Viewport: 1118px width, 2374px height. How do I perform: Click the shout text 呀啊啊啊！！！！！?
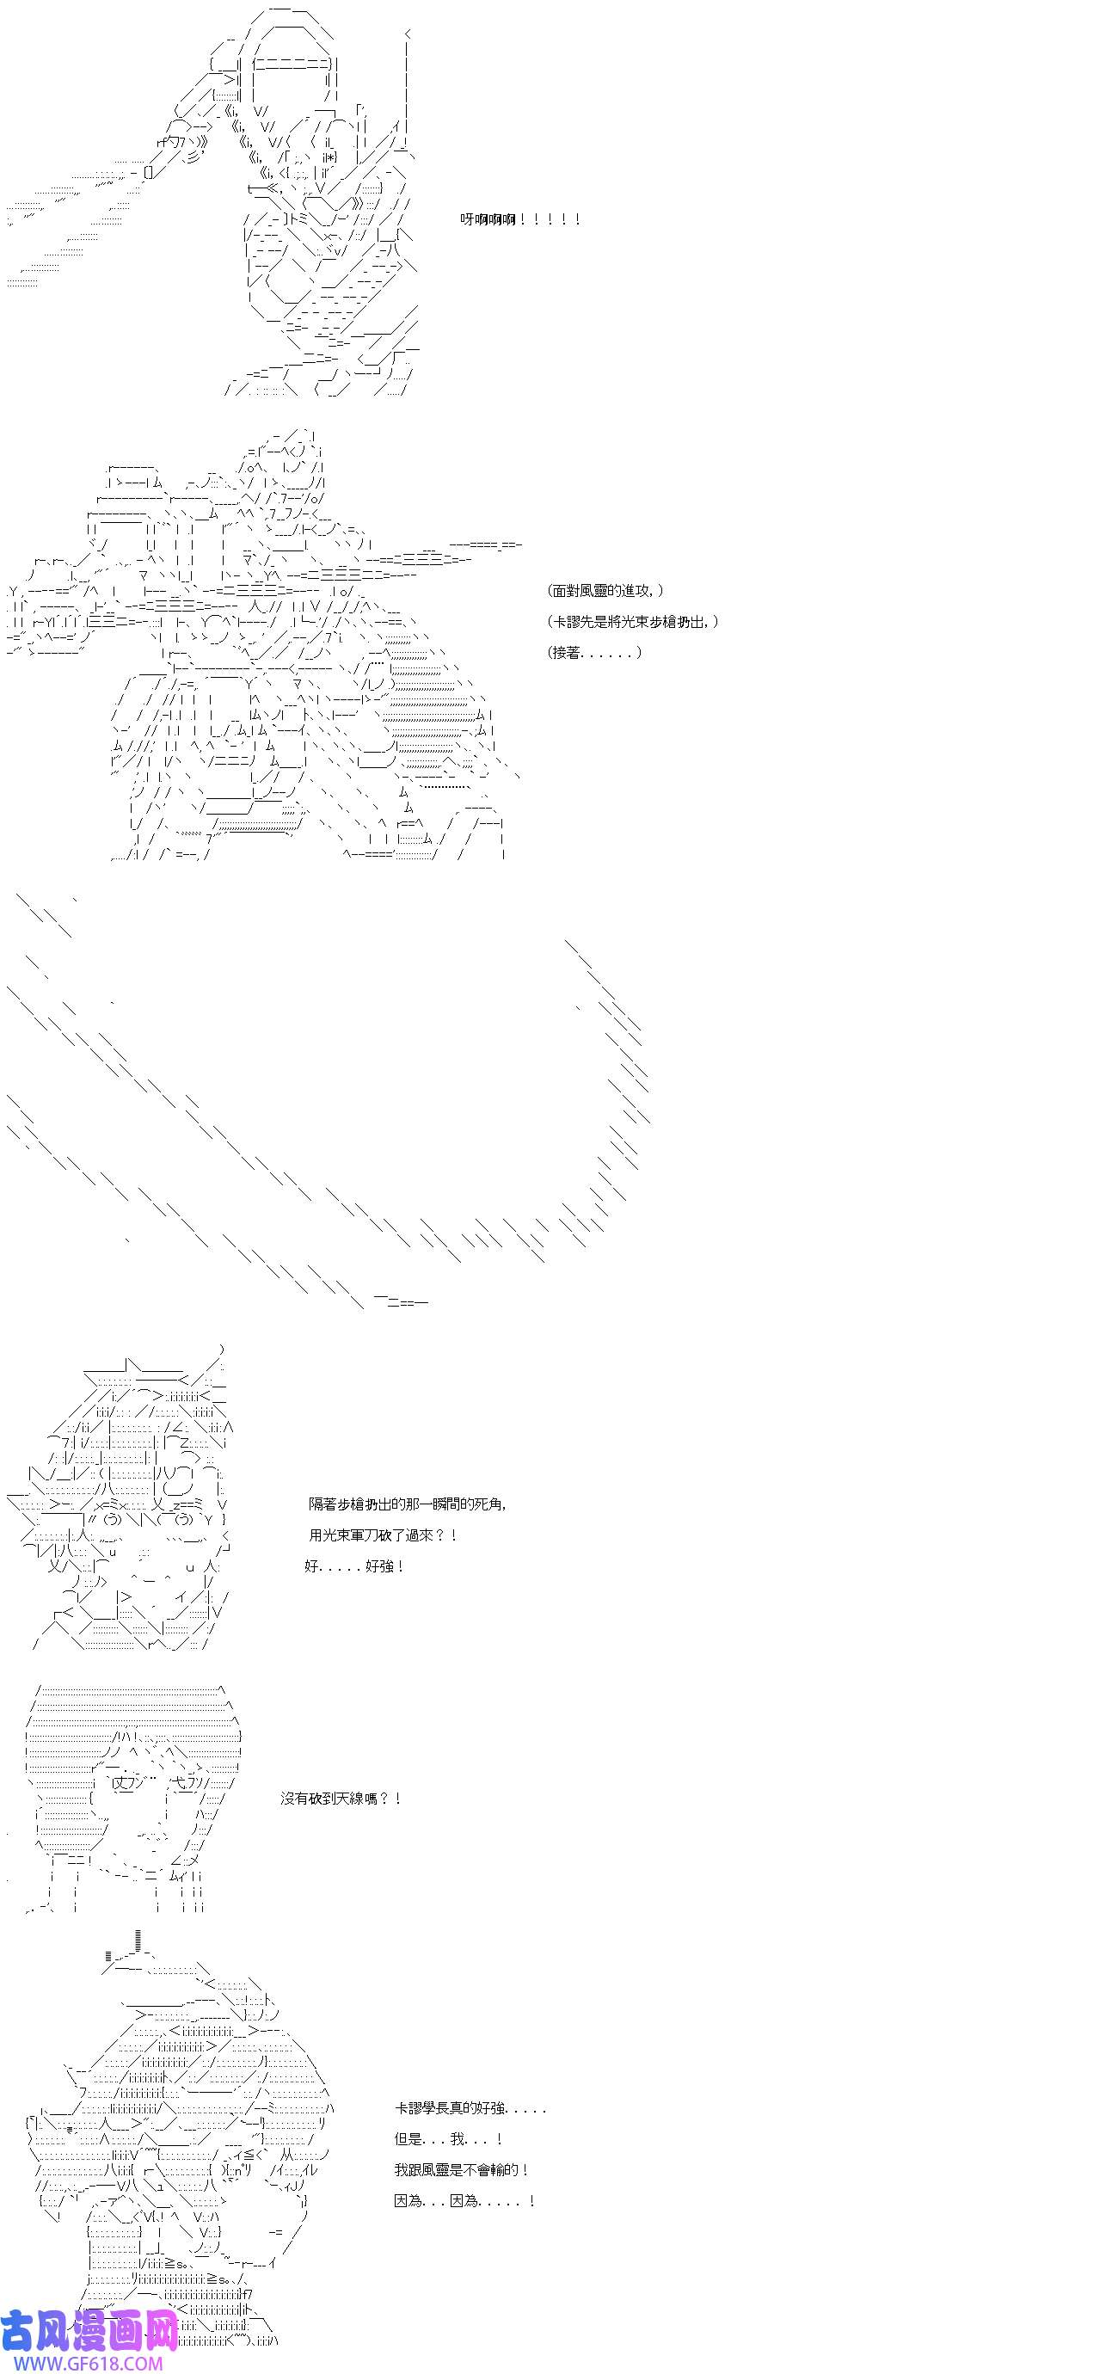[521, 219]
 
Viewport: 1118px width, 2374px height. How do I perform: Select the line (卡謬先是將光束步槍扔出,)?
[633, 622]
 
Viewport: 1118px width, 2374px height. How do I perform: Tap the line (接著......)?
[594, 653]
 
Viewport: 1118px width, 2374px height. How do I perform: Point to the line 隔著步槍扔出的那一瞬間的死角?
[408, 1504]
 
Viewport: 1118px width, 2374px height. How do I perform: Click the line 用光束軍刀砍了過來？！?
[384, 1534]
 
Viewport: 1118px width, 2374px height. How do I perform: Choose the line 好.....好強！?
[355, 1565]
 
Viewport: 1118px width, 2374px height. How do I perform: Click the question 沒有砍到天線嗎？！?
[341, 1798]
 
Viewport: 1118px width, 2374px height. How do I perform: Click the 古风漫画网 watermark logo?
[89, 2330]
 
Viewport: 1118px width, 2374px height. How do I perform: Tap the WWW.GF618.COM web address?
[82, 2363]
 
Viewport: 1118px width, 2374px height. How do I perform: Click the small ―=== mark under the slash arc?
[401, 1301]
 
